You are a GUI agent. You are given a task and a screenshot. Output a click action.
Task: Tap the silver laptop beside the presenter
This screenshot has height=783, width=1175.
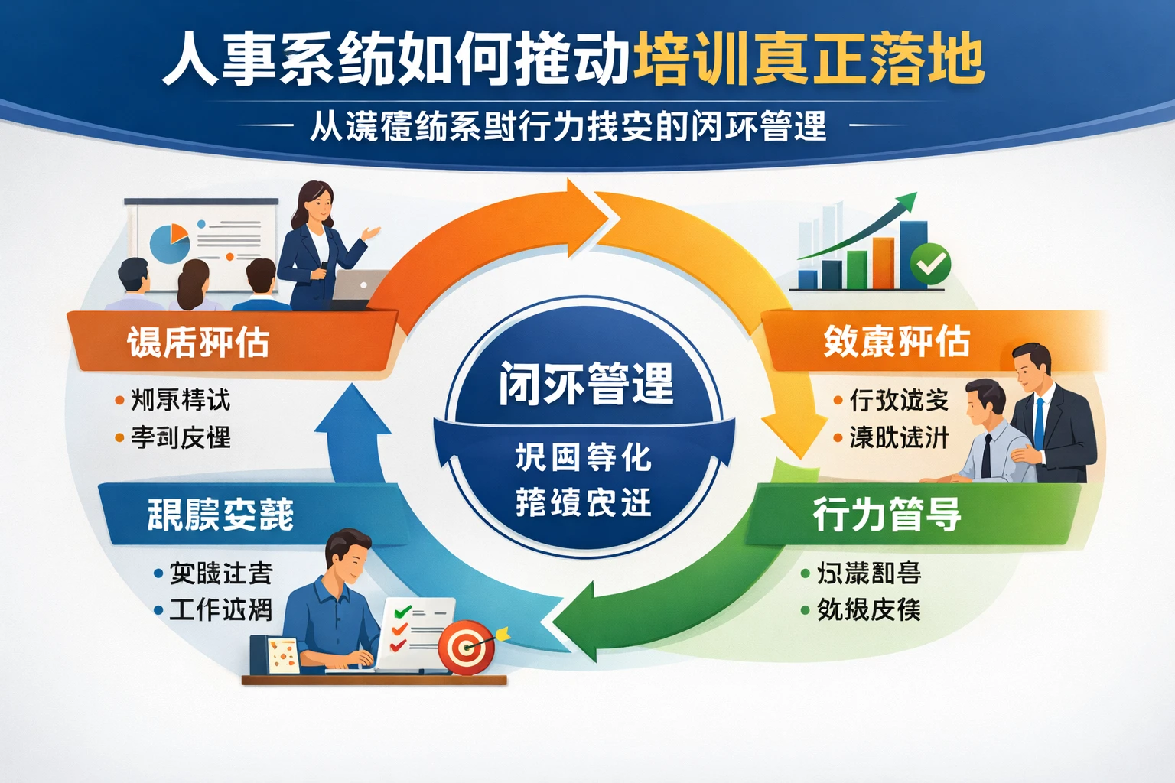pos(360,288)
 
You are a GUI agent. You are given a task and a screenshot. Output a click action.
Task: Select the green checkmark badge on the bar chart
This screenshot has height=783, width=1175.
pos(931,265)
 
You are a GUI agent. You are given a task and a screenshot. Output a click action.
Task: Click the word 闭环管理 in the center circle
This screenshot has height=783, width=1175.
pos(586,383)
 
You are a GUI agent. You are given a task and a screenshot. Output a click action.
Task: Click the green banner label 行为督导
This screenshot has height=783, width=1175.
pos(887,514)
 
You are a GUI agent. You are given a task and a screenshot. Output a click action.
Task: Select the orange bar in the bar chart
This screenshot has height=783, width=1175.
pos(883,263)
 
